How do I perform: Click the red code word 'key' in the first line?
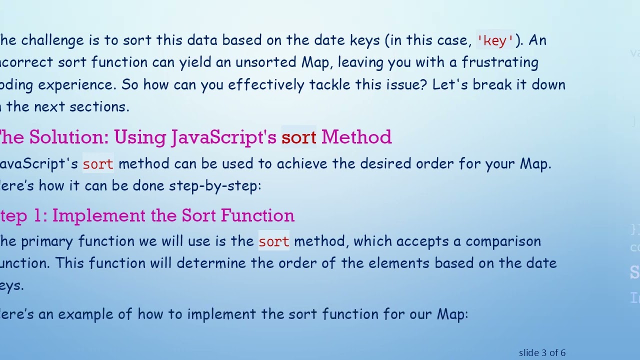[x=495, y=40]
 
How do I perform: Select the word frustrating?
[x=500, y=62]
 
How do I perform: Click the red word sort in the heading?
[x=298, y=137]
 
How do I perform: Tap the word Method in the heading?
[x=356, y=137]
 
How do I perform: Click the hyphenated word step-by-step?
[x=215, y=185]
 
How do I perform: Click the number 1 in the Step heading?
[x=38, y=215]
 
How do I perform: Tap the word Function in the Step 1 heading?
[x=257, y=215]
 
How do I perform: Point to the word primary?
[x=47, y=241]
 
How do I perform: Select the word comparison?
[x=503, y=241]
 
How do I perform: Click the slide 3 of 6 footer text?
[x=542, y=353]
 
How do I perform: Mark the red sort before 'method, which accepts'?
[x=274, y=241]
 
